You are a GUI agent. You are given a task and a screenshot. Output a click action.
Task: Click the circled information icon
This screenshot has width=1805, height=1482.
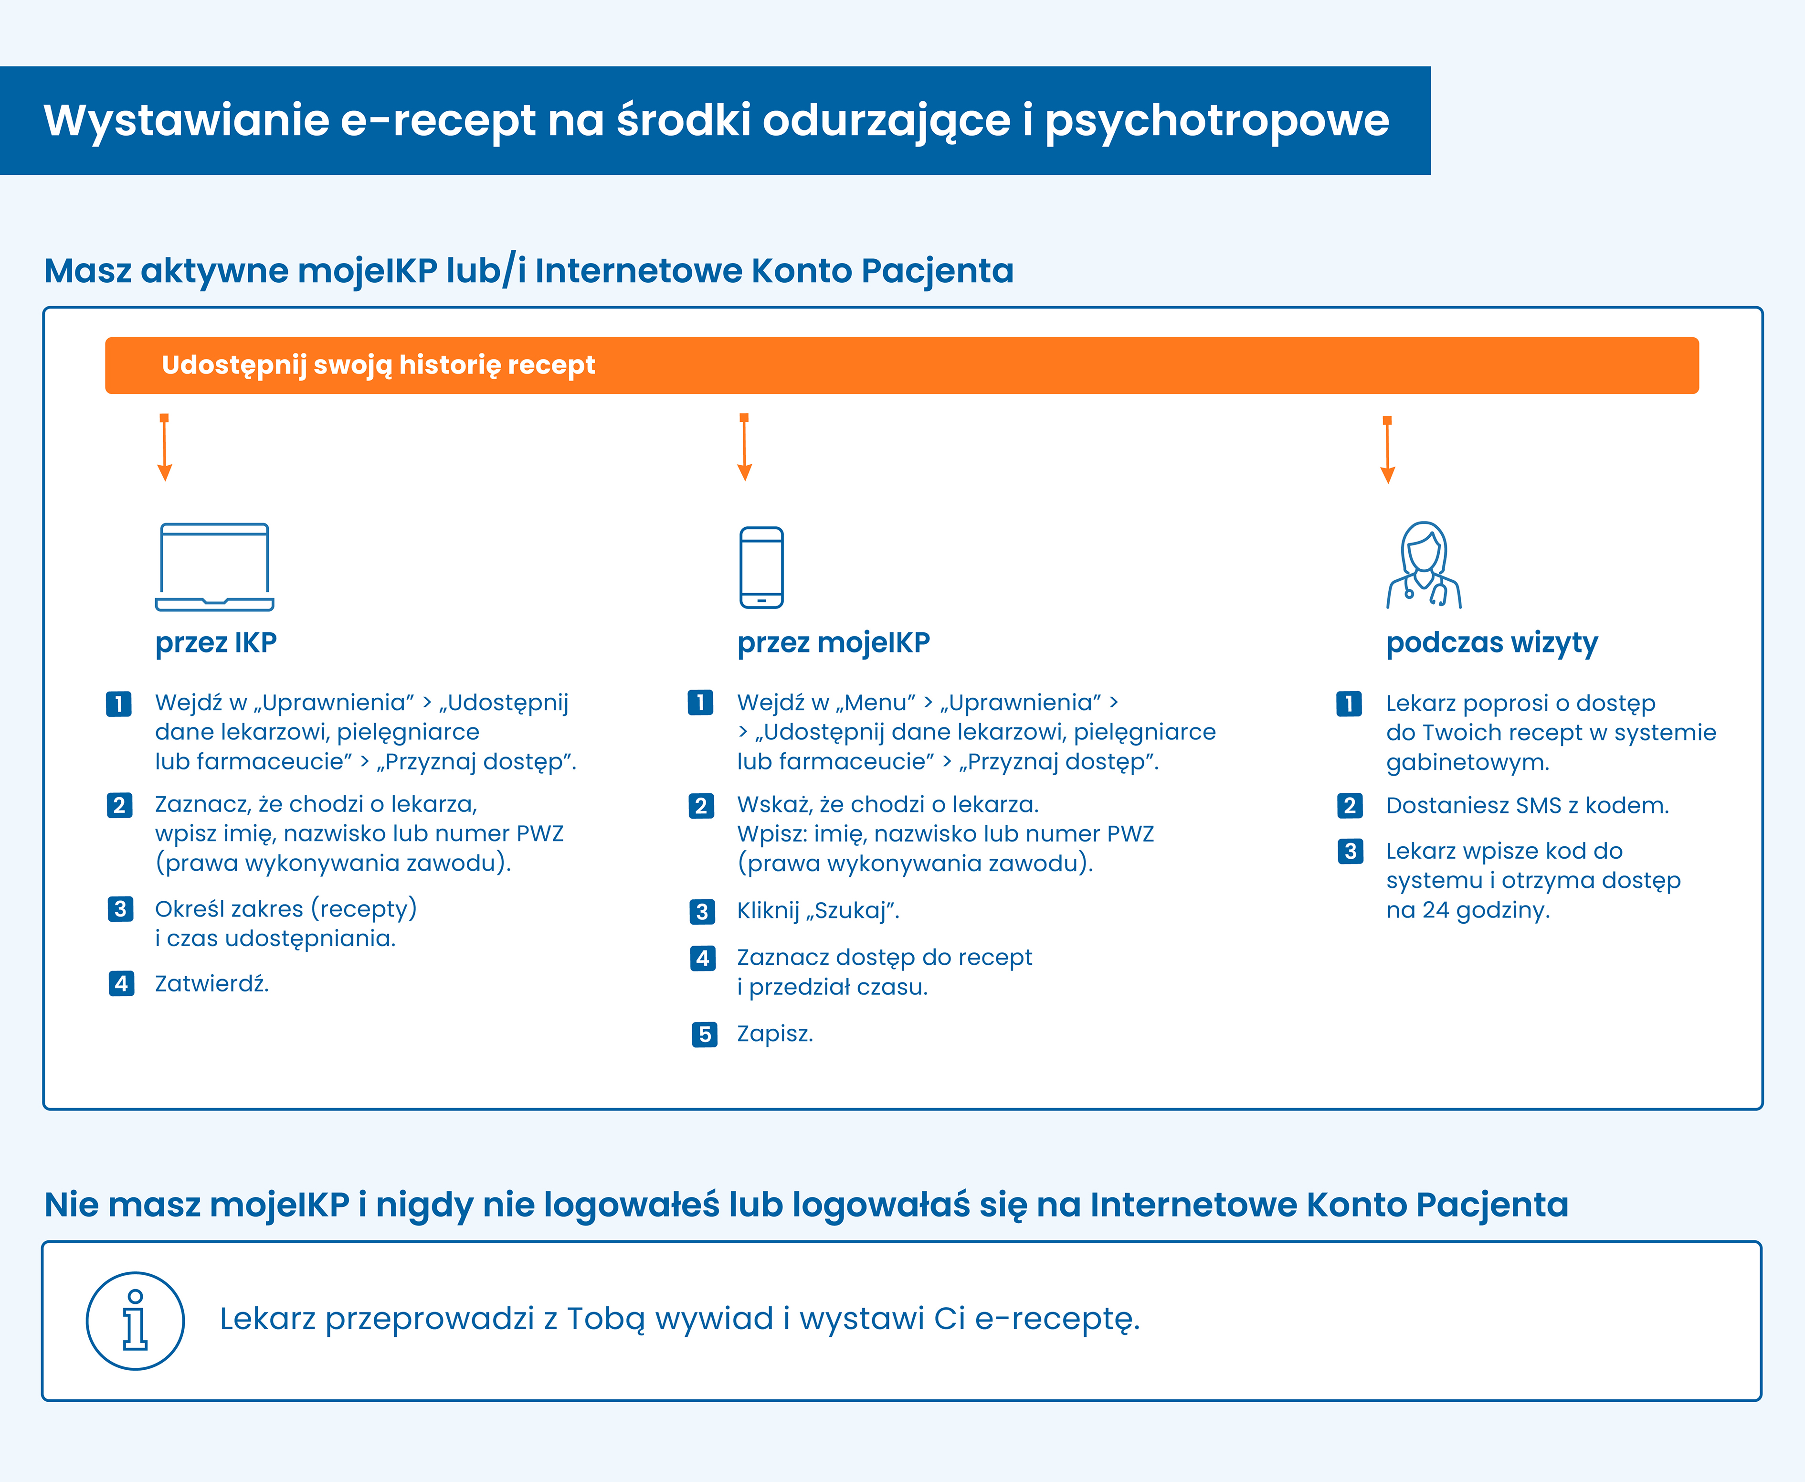[x=135, y=1321]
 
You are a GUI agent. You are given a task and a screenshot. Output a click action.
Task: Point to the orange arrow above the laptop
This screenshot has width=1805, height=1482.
[x=165, y=448]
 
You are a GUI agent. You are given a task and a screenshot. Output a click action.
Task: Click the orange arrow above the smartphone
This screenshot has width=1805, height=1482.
[x=744, y=448]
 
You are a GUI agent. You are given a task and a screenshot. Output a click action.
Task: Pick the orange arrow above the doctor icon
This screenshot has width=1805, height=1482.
[x=1388, y=450]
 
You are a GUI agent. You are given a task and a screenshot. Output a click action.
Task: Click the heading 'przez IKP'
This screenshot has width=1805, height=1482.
[x=216, y=642]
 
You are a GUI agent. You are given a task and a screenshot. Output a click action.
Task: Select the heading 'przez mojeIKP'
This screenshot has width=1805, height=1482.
[x=833, y=642]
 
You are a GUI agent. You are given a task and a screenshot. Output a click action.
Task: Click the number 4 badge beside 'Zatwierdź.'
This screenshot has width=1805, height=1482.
[x=121, y=983]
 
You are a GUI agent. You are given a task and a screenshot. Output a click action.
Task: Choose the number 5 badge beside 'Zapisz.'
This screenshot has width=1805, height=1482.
[x=704, y=1034]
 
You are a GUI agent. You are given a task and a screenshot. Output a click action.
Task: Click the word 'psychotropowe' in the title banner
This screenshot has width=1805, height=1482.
[x=1217, y=119]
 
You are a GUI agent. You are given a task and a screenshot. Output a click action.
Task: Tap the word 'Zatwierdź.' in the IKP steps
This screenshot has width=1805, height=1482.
[x=211, y=983]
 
